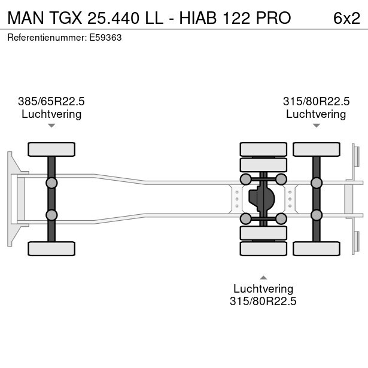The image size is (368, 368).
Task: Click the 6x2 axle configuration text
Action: click(346, 18)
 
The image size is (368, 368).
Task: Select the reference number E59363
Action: click(105, 38)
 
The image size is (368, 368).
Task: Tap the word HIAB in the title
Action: click(198, 18)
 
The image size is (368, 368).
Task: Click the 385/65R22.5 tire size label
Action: click(51, 101)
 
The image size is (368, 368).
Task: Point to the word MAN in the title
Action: click(26, 18)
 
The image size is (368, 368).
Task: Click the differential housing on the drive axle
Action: click(261, 199)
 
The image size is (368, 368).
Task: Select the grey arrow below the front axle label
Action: click(51, 126)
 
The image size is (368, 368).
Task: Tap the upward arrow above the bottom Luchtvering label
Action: click(263, 278)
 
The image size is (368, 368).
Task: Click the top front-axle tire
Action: click(51, 149)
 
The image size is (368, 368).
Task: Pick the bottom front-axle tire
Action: click(51, 248)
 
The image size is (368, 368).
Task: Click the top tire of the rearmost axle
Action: click(317, 149)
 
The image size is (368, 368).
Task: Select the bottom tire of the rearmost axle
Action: click(317, 248)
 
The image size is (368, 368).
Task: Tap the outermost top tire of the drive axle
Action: click(263, 149)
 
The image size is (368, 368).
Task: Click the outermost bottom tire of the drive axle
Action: click(263, 248)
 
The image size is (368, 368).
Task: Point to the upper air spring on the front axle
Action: click(51, 183)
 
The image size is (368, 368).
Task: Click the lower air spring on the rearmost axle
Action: click(317, 215)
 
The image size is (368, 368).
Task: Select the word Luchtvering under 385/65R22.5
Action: click(51, 114)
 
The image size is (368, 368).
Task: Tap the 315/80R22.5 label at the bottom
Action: click(263, 301)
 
